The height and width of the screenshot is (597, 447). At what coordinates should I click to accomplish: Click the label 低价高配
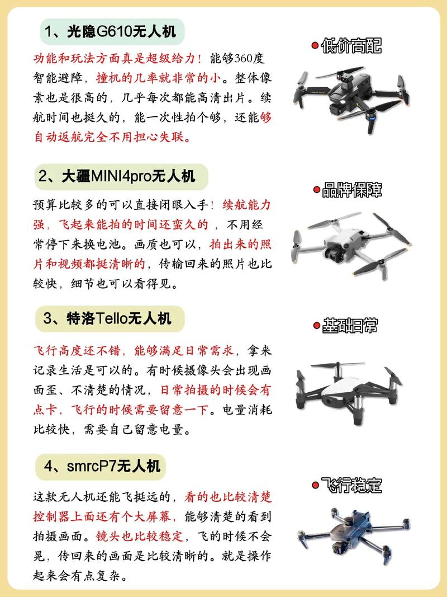click(x=351, y=46)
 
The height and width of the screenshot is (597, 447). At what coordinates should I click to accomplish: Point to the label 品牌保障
click(x=351, y=190)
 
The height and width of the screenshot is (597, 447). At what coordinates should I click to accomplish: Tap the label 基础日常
click(x=351, y=326)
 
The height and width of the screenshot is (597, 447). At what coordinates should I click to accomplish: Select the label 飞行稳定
click(x=351, y=486)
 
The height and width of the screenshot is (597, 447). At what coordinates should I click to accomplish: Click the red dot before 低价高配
click(x=315, y=46)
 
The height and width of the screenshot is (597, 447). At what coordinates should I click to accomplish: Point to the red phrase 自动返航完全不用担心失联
click(x=112, y=135)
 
